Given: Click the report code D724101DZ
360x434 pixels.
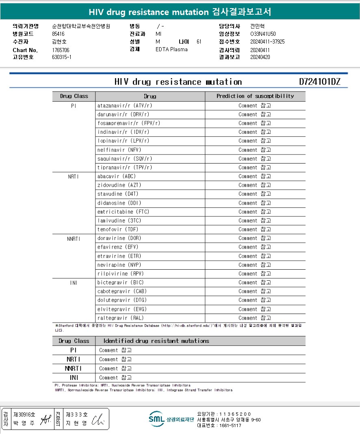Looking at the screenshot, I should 319,82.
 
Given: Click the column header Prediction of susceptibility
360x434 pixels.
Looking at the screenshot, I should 255,96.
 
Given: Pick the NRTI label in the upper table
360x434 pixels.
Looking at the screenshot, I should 74,177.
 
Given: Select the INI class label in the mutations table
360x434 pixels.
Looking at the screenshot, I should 74,377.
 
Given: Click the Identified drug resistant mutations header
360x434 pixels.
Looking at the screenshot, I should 156,341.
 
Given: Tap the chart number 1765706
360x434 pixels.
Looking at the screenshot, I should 61,50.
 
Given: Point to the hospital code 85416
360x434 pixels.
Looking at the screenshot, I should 59,34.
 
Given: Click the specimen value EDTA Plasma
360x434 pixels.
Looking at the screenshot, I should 171,50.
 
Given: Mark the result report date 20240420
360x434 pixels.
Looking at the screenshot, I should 260,57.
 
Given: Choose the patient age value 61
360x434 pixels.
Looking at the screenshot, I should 199,41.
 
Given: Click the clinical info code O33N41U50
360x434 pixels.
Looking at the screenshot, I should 263,34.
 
